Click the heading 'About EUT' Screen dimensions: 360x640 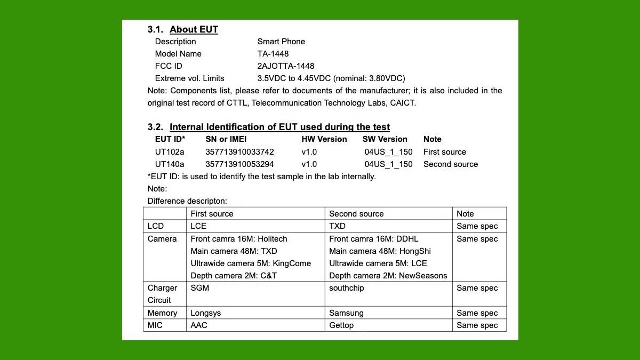(194, 29)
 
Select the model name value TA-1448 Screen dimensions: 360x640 (273, 54)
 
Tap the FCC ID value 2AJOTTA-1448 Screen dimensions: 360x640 (286, 66)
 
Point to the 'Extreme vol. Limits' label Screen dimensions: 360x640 (189, 78)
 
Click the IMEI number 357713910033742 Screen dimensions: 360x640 (239, 152)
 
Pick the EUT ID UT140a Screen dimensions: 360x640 (170, 164)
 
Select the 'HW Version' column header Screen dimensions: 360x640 (324, 139)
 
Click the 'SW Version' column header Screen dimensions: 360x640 (385, 139)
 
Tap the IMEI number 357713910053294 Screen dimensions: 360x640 (239, 164)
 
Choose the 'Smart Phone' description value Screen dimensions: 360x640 (281, 42)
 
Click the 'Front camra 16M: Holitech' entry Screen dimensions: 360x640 (239, 239)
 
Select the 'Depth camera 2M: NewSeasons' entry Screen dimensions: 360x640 (388, 276)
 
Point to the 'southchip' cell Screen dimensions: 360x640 (347, 288)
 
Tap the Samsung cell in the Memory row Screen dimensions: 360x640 (346, 313)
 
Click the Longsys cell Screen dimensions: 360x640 (206, 313)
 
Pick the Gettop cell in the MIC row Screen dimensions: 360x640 (341, 325)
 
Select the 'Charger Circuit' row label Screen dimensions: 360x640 (162, 294)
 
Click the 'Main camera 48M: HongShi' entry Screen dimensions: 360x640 (380, 251)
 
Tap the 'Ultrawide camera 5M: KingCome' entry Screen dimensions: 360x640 (251, 263)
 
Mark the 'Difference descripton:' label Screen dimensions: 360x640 (187, 201)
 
